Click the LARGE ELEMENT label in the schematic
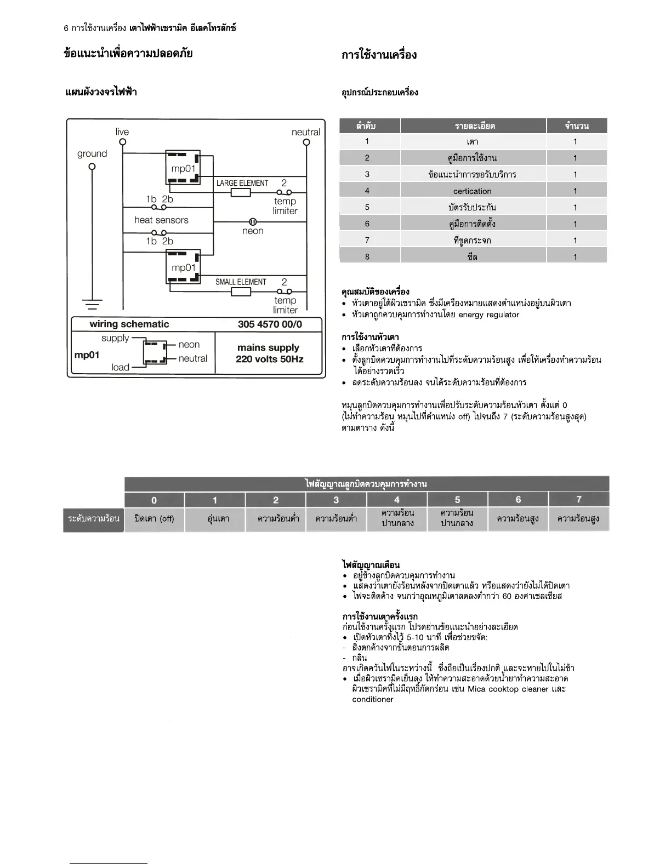point(242,183)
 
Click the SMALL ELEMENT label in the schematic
point(241,282)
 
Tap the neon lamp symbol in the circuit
point(253,222)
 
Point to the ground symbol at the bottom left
point(92,303)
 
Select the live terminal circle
point(123,142)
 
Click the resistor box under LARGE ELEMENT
point(241,192)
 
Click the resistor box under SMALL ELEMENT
point(241,292)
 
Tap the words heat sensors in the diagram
point(161,220)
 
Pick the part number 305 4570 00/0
point(270,324)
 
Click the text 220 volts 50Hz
point(269,359)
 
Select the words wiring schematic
point(129,324)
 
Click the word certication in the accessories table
point(473,191)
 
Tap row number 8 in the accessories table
point(367,256)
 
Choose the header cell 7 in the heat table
point(579,499)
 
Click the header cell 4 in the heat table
point(397,499)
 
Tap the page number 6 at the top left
point(66,28)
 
